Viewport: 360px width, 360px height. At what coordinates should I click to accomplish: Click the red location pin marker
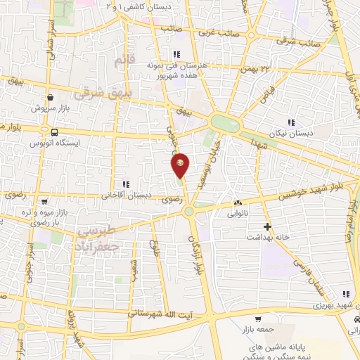click(181, 165)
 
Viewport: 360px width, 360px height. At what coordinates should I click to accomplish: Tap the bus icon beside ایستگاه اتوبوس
click(53, 131)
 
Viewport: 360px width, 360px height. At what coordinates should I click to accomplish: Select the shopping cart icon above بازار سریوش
click(49, 98)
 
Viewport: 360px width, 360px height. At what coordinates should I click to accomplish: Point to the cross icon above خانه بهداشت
click(266, 226)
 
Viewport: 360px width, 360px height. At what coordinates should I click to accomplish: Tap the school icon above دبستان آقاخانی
click(125, 184)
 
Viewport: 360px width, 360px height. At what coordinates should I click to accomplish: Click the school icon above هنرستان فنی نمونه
click(176, 54)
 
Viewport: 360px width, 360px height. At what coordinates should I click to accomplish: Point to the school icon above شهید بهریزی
click(345, 294)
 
